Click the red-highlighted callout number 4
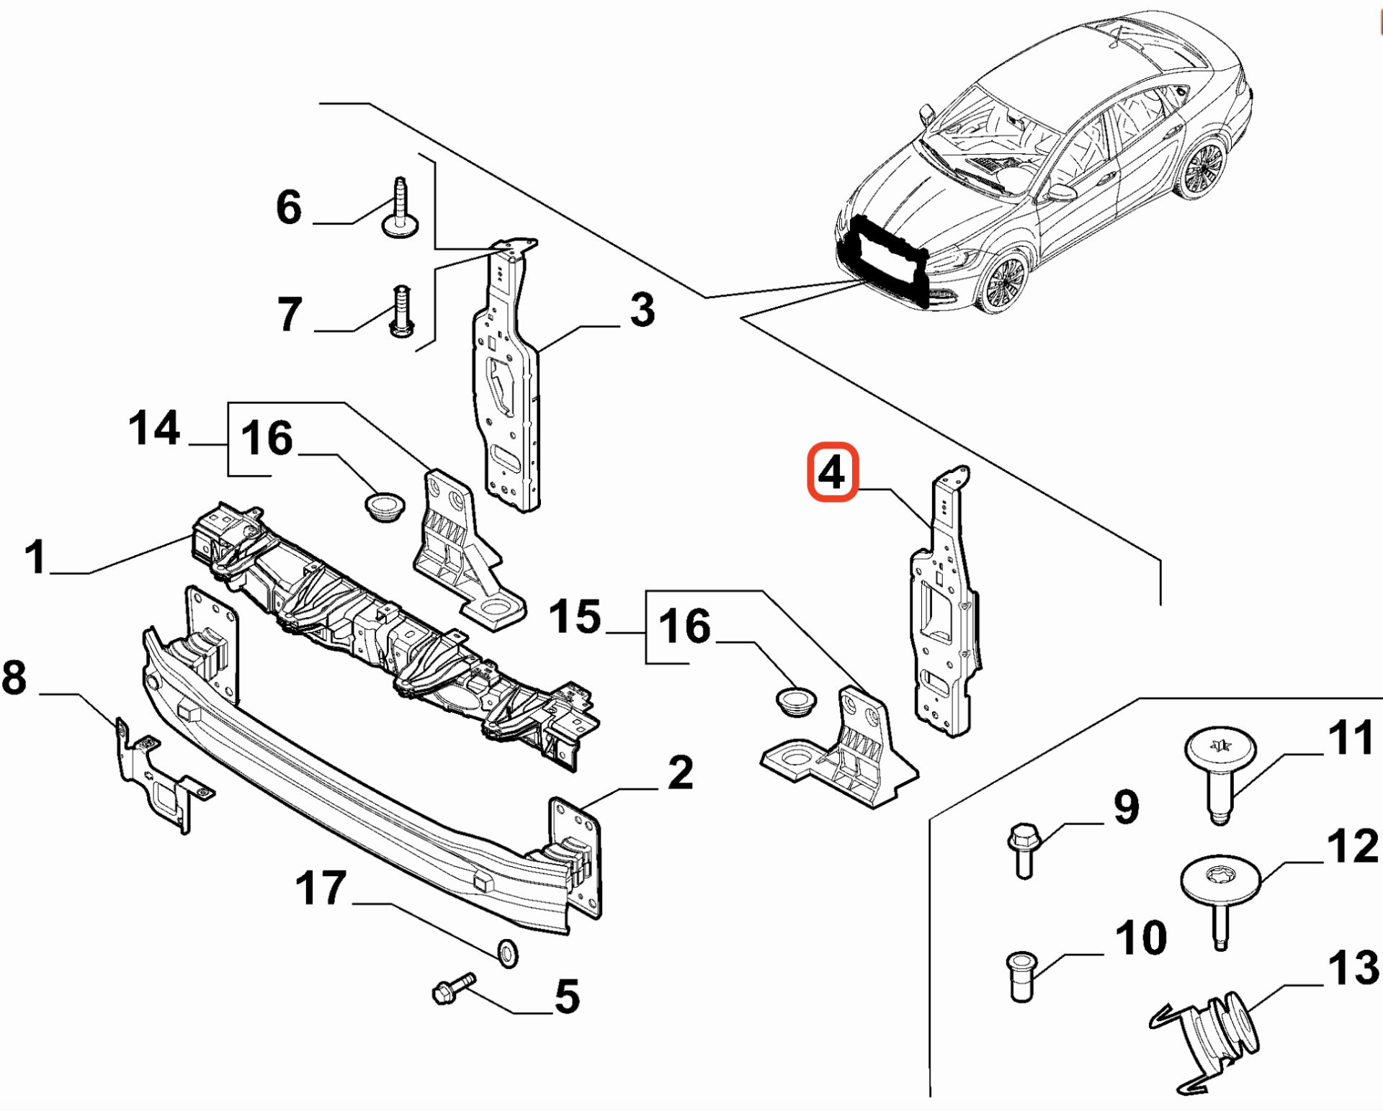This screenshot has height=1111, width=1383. pyautogui.click(x=832, y=472)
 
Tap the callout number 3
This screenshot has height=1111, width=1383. pyautogui.click(x=642, y=310)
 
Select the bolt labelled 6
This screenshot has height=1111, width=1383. pyautogui.click(x=400, y=208)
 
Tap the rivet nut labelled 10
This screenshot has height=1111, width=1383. pyautogui.click(x=1021, y=976)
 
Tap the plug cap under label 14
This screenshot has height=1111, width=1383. pyautogui.click(x=384, y=506)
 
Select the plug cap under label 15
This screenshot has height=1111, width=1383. pyautogui.click(x=796, y=701)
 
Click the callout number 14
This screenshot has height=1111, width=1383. pyautogui.click(x=154, y=428)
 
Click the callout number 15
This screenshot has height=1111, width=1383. pyautogui.click(x=575, y=616)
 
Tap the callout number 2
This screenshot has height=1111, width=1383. pyautogui.click(x=680, y=773)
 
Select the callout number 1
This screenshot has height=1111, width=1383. pyautogui.click(x=35, y=557)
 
